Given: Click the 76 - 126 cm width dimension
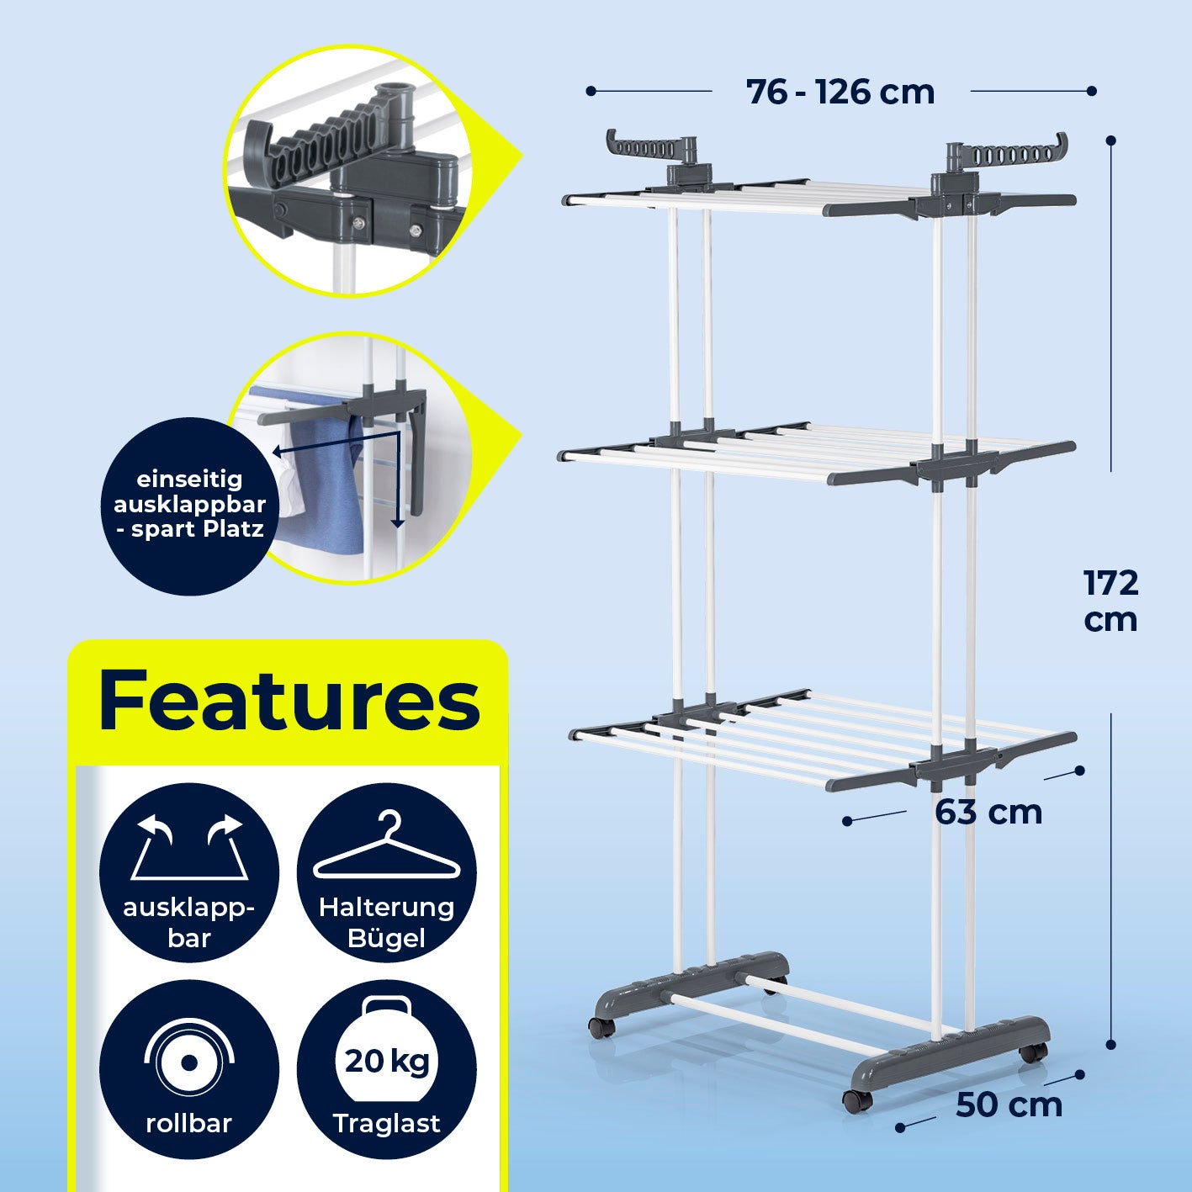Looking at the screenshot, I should [840, 92].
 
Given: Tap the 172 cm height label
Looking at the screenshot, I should [1110, 601].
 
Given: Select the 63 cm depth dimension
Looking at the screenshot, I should [988, 813].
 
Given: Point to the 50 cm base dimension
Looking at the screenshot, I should [1009, 1105].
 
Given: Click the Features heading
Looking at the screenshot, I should [289, 701].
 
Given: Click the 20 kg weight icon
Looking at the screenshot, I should [387, 1052].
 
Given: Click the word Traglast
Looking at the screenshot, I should [387, 1123].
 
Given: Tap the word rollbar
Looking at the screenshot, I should [188, 1123].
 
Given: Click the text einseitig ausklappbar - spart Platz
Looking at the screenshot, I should [189, 504].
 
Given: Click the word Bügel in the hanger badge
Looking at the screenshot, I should [387, 938].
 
